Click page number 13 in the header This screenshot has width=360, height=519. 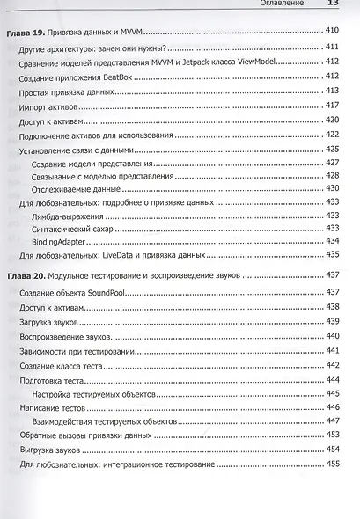[x=334, y=4]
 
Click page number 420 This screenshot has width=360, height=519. [x=332, y=120]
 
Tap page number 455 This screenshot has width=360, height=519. [x=332, y=464]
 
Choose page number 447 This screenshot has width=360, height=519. [x=332, y=421]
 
